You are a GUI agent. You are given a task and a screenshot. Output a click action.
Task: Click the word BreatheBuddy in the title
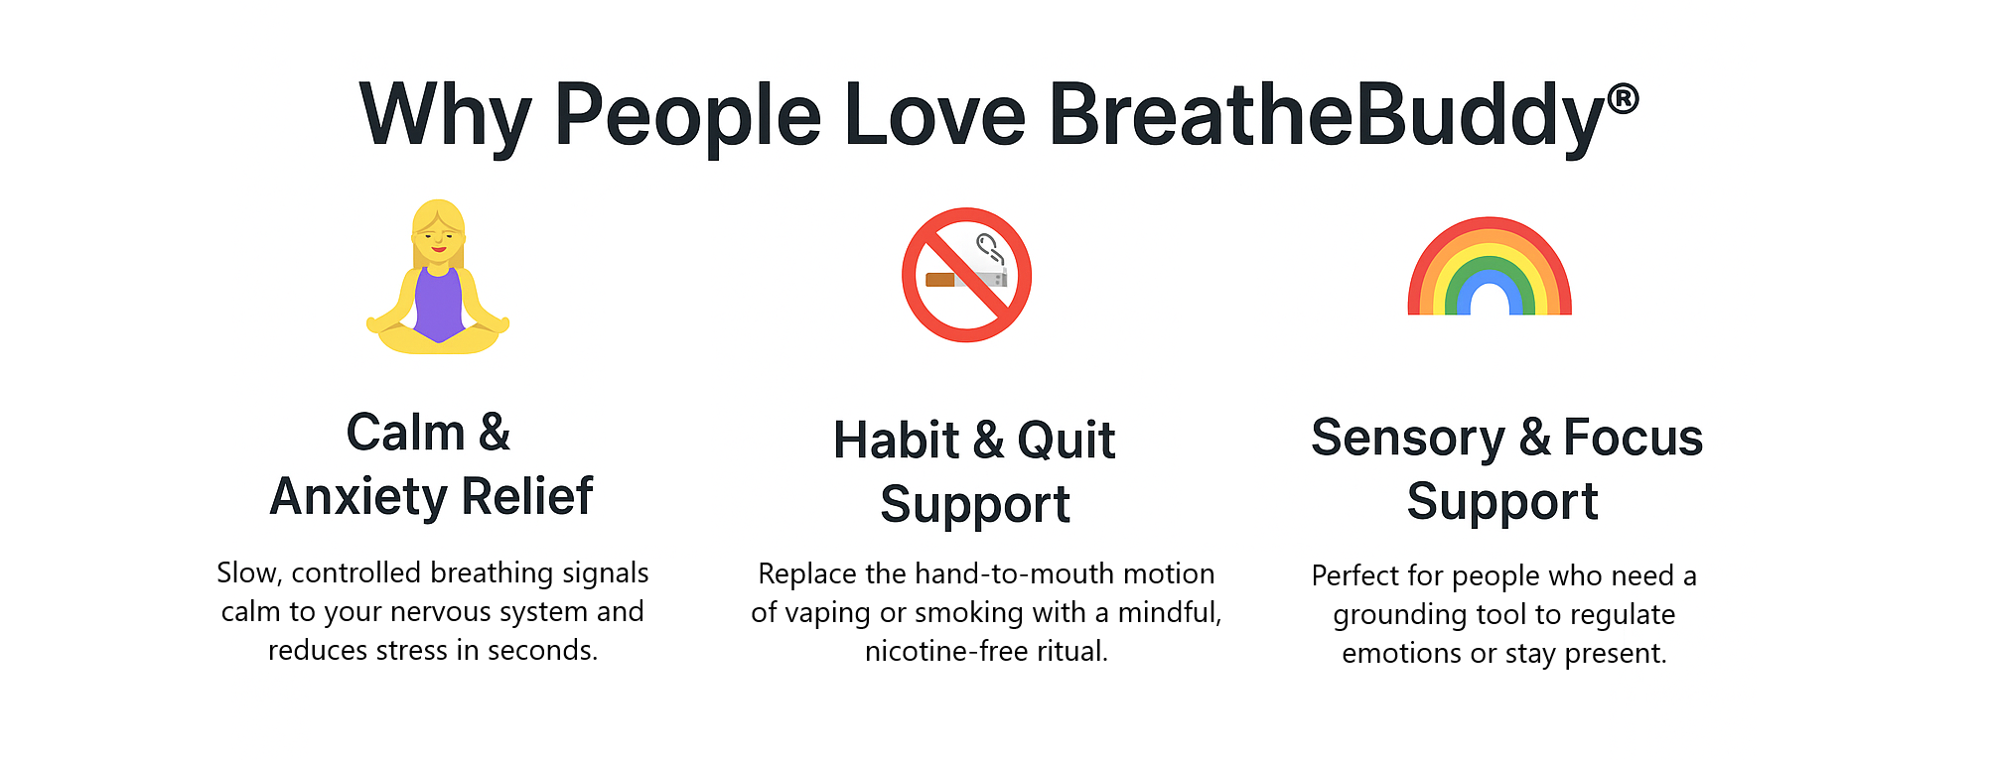coord(1327,116)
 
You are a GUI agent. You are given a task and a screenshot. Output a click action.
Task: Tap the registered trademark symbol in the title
coord(1623,98)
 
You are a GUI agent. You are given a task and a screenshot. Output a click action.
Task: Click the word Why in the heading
coord(446,117)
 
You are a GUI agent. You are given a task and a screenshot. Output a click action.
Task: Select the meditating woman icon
coord(438,277)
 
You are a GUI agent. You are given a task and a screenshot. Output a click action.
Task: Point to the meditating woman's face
coord(438,238)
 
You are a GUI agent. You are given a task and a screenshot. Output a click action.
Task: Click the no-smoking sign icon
coord(966,275)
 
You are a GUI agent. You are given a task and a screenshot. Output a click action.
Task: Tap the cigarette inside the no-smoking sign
coord(966,279)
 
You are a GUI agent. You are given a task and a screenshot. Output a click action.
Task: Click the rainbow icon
coord(1490,266)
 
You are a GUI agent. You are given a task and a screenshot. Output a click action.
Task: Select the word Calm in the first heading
coord(405,433)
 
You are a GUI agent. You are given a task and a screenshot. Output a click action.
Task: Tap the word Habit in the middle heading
coord(897,441)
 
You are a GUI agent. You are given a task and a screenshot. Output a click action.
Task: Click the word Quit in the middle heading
coord(1067,441)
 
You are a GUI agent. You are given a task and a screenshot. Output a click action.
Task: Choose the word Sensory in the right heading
coord(1408,439)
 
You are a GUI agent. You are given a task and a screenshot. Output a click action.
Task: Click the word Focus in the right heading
coord(1633,438)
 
